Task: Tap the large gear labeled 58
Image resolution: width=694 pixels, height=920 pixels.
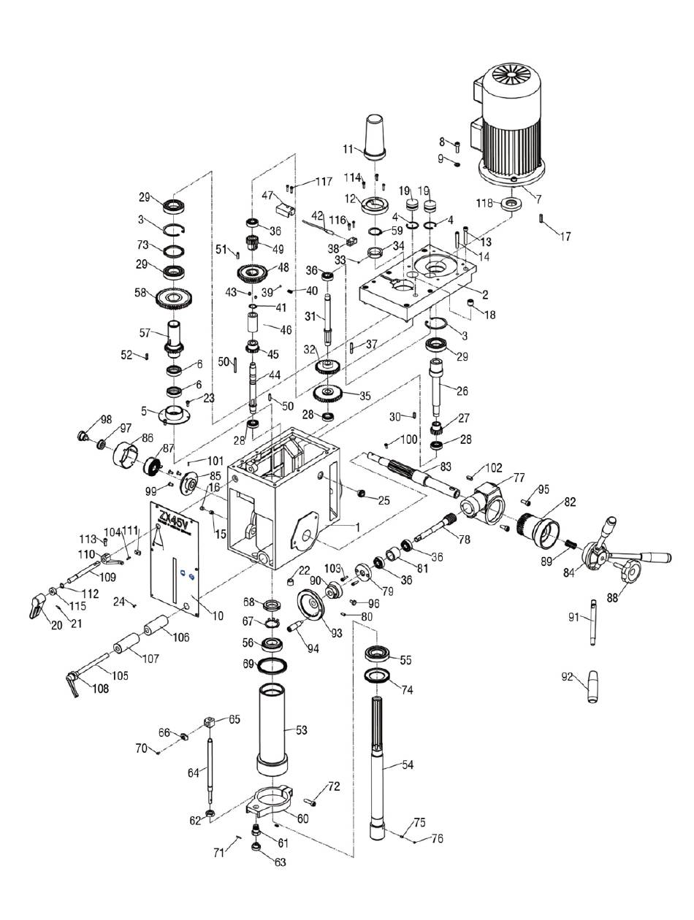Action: coord(175,298)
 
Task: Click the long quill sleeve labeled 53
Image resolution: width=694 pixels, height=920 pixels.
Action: coord(274,727)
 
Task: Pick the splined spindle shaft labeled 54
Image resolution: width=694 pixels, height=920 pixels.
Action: coord(384,759)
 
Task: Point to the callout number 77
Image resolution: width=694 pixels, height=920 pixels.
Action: coord(519,478)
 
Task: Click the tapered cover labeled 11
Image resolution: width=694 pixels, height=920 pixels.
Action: coord(375,135)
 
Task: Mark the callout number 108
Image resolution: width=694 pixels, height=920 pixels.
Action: coord(100,689)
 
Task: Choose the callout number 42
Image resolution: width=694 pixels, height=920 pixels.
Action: coord(317,215)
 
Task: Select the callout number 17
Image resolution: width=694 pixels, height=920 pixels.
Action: coord(565,237)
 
